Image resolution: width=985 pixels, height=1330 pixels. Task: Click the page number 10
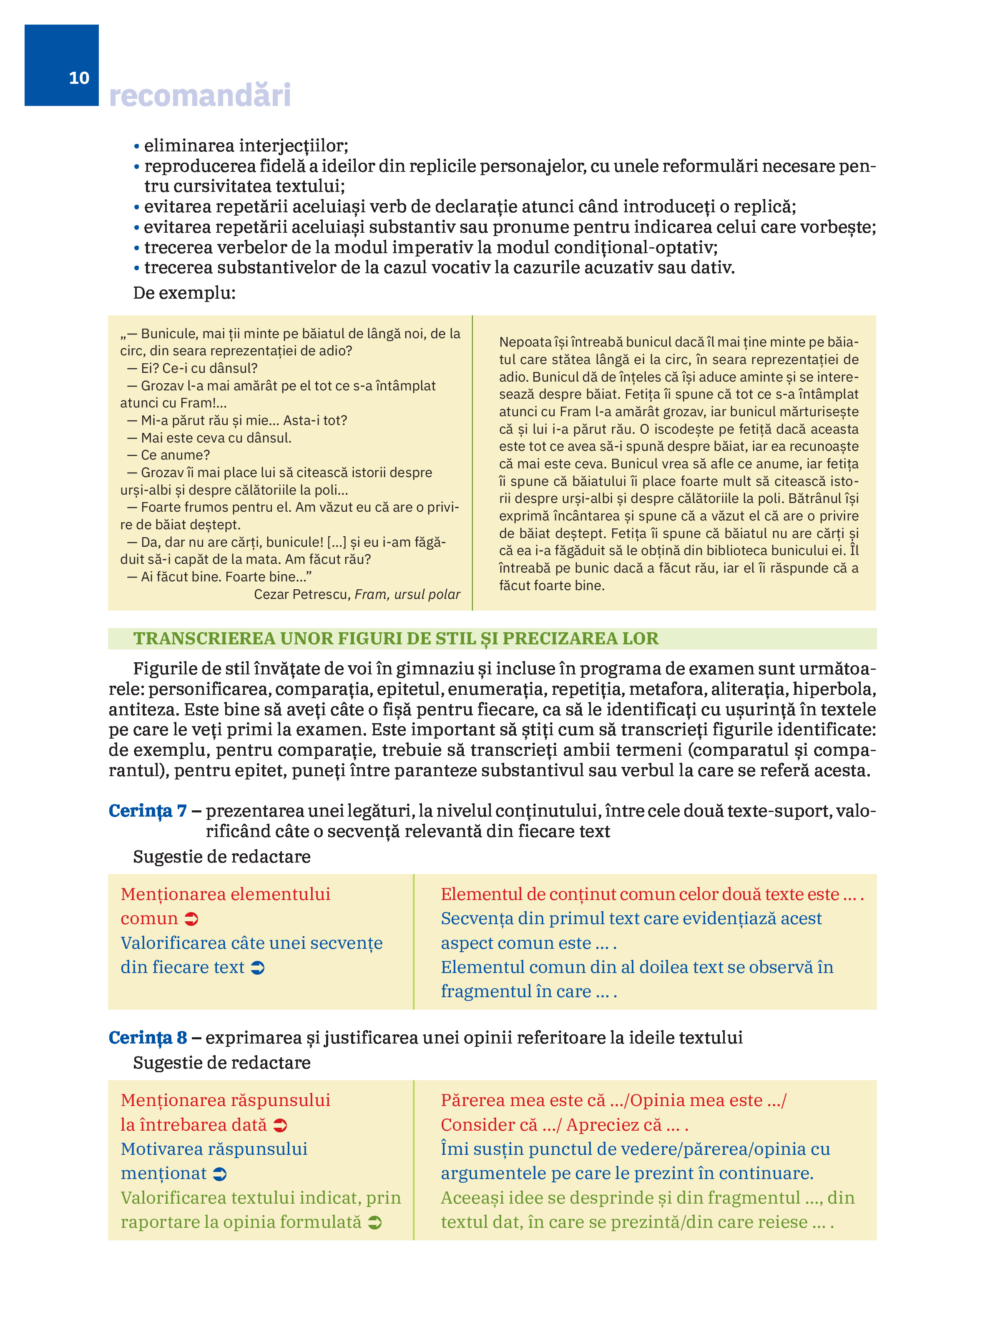79,78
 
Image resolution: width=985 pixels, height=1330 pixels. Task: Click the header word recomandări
200,96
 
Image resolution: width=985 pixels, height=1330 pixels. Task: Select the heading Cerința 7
147,811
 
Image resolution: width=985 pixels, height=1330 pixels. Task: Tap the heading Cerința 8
147,1038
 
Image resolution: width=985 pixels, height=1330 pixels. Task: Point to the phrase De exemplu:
184,293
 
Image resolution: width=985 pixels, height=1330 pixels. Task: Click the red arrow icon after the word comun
191,919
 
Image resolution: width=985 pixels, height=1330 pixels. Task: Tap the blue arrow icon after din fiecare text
258,968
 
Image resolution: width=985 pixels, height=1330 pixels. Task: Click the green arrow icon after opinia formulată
374,1223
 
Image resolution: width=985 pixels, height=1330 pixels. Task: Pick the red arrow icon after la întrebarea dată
280,1126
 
